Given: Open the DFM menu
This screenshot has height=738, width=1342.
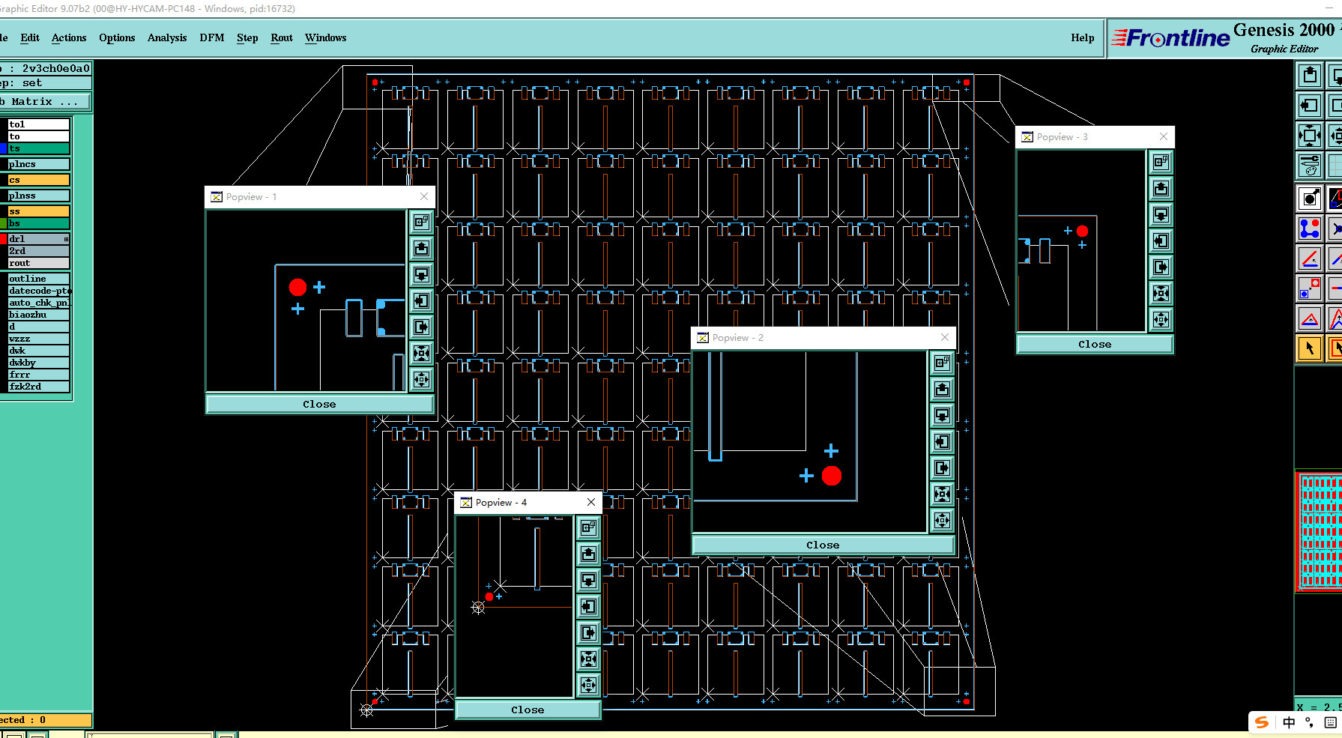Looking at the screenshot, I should [x=211, y=37].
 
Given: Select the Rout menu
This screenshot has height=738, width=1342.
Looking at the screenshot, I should [x=282, y=37].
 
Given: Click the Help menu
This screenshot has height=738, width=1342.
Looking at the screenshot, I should [x=1082, y=37].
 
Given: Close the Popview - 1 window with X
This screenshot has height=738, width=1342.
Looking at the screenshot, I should [x=424, y=196].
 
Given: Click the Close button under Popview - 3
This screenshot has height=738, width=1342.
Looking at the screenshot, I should [x=1094, y=344].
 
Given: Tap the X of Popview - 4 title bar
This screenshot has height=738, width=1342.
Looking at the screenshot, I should [x=591, y=502].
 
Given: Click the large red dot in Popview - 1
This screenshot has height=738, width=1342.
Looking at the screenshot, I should [x=297, y=287].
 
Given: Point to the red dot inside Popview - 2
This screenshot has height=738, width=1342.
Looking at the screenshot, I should [x=832, y=476].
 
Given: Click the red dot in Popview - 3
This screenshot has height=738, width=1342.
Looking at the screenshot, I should [x=1082, y=232].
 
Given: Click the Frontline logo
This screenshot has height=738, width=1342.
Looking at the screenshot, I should [x=1171, y=38].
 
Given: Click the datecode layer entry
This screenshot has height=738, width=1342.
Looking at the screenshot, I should [x=37, y=291].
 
